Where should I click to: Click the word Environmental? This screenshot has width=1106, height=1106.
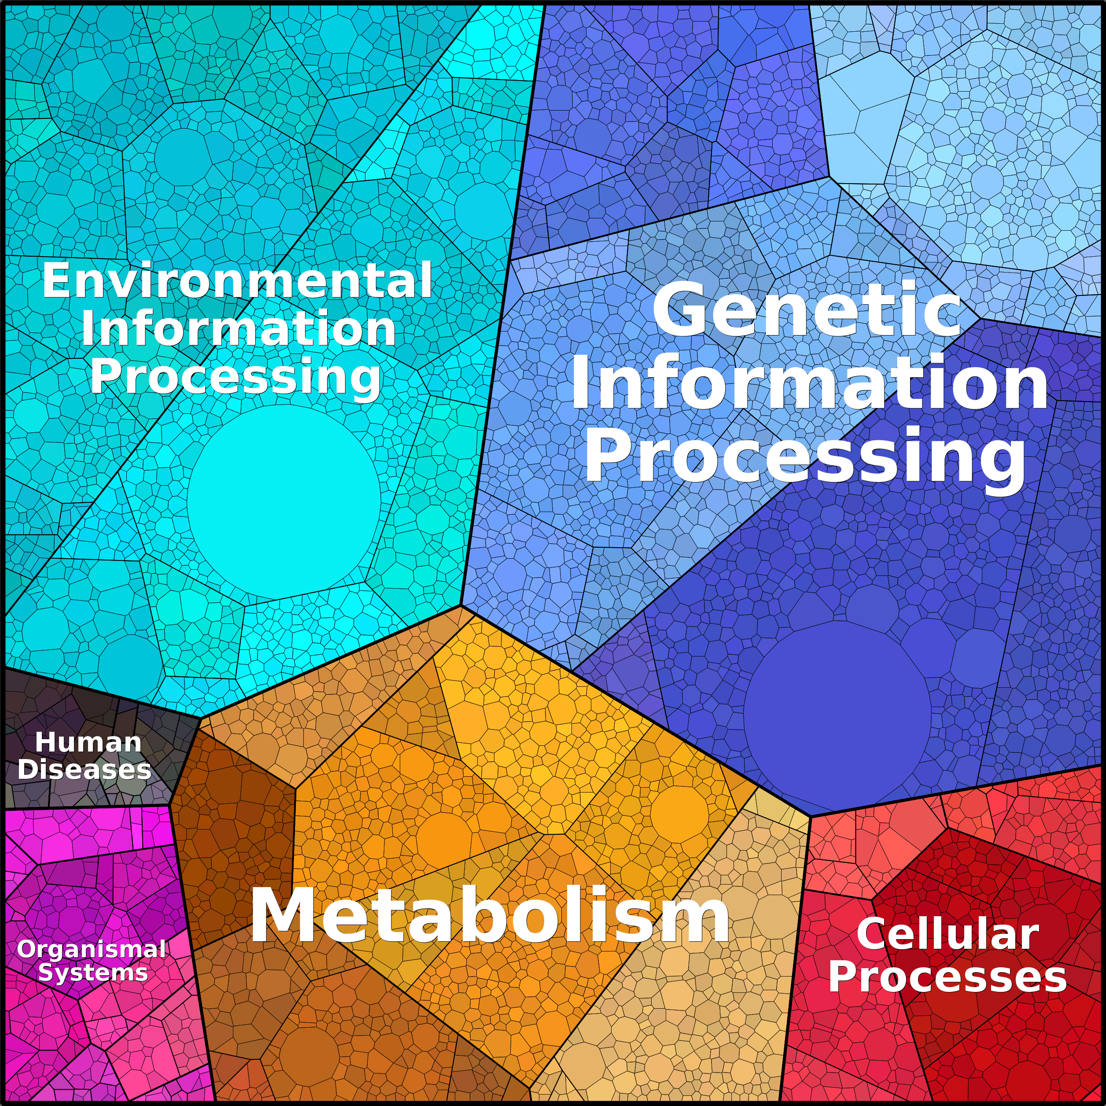237,280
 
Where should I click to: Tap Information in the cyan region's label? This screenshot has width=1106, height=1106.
239,328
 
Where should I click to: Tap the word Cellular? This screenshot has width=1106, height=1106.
947,934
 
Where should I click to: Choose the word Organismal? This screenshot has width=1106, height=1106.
92,949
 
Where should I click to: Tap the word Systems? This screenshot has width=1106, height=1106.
93,973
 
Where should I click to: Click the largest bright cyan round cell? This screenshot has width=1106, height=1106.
284,502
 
